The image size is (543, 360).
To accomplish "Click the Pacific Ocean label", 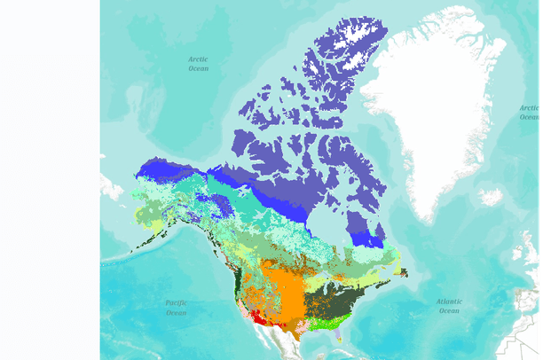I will pos(177,308).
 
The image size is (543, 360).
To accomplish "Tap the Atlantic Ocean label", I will pos(449,306).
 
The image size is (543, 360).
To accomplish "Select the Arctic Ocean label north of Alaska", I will pos(198,64).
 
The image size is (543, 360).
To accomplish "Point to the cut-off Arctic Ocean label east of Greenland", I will pos(530,113).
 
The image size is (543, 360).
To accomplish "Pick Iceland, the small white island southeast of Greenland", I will pos(491,197).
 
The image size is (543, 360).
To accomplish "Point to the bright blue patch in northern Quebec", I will pos(365,239).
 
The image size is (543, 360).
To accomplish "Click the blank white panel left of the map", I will pos(50,177).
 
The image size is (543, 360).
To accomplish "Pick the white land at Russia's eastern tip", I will pos(112,186).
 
